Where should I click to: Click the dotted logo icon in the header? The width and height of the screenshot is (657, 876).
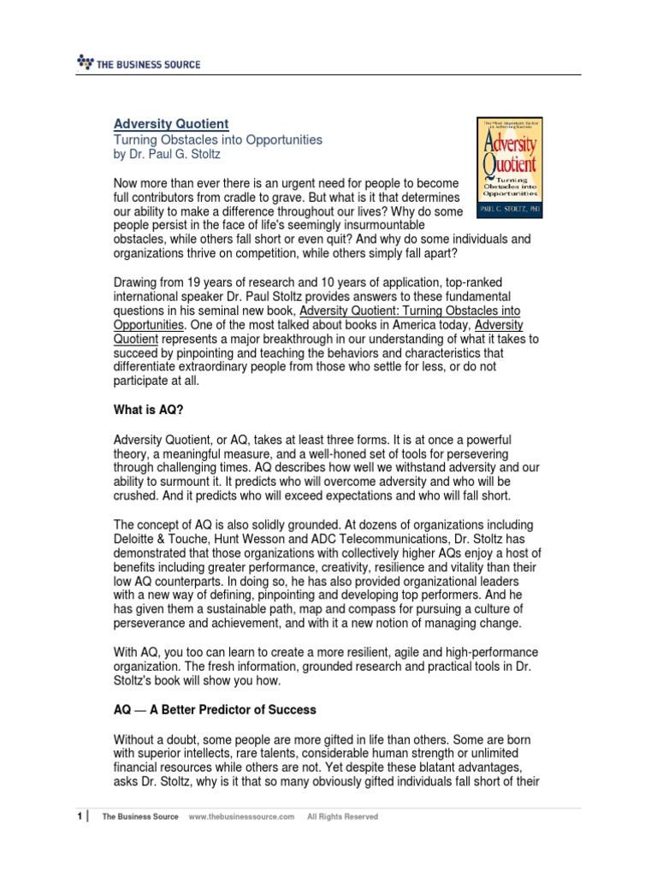(x=83, y=62)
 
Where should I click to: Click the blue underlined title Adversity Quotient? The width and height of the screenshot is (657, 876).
(x=172, y=124)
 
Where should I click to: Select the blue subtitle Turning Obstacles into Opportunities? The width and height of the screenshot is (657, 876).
(x=218, y=139)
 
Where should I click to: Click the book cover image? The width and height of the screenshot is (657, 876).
(x=509, y=167)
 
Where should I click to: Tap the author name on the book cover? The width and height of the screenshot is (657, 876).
(x=509, y=208)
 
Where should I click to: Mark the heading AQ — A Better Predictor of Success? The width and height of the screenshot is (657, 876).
(x=215, y=710)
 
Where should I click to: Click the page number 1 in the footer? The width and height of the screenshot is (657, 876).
(x=79, y=817)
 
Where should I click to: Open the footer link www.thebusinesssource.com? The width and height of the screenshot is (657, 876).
(x=241, y=817)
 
